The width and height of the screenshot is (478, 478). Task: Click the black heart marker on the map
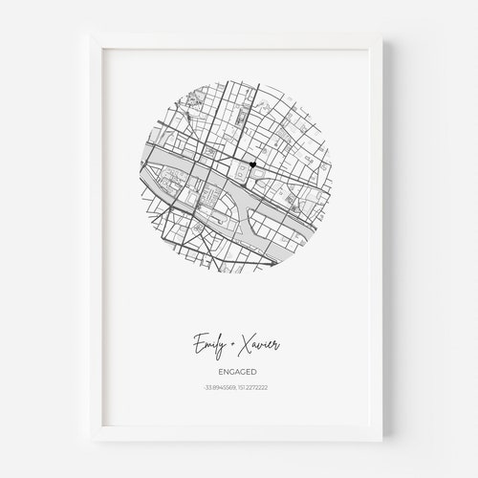click(251, 167)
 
